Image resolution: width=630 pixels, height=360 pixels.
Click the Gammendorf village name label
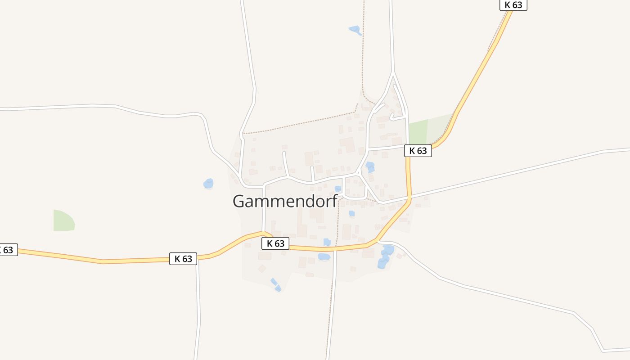285,201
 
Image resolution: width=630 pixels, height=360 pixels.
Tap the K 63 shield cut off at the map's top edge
513,4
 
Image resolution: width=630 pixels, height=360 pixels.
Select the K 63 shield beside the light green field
418,151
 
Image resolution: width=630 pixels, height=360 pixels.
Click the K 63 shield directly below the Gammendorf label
275,243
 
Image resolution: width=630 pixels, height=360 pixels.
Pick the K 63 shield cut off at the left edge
8,250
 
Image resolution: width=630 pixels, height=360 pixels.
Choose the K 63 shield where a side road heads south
183,259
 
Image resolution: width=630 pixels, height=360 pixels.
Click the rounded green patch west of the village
63,220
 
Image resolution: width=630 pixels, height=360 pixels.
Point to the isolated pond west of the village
208,184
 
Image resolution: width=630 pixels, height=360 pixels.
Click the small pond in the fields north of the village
355,30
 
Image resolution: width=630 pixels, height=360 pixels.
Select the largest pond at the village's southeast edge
385,256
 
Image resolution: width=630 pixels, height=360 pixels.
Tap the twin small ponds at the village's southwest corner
276,285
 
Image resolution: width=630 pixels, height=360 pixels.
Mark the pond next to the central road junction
370,167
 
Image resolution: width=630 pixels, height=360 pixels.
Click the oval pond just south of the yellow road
324,256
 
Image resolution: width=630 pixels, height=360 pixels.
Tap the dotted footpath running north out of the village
363,54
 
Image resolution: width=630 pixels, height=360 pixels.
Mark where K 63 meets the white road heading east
409,197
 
